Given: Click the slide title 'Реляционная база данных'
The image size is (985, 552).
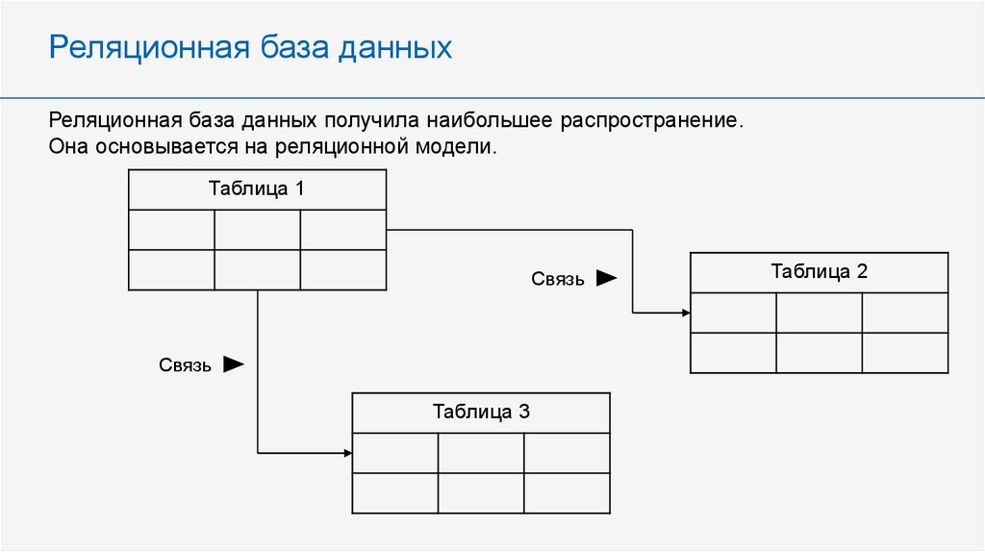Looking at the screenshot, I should tap(250, 47).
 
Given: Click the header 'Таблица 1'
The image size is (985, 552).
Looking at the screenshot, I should tap(257, 188).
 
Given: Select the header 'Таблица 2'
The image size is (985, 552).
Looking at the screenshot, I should tap(819, 271).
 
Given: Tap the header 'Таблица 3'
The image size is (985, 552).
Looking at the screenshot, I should tap(481, 413).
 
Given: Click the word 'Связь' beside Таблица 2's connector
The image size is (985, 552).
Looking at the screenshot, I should tap(558, 279).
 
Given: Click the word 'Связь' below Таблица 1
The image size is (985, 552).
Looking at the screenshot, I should tap(185, 365).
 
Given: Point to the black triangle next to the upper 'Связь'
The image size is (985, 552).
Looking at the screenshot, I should tap(606, 278).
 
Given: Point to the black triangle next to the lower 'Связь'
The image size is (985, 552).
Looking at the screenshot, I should tap(234, 364).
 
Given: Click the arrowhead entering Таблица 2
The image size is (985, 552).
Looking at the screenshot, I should tap(684, 313).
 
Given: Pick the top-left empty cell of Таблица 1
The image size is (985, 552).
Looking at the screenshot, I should tap(171, 230).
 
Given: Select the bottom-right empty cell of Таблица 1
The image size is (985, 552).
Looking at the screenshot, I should tap(343, 270).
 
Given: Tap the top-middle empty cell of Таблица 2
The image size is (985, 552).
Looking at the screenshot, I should tap(819, 313).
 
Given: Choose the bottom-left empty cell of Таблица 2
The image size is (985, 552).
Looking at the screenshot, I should tap(733, 353).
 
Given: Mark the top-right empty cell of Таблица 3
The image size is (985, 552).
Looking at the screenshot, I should tap(567, 453).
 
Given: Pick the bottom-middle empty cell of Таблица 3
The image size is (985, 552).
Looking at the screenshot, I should tap(481, 493).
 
